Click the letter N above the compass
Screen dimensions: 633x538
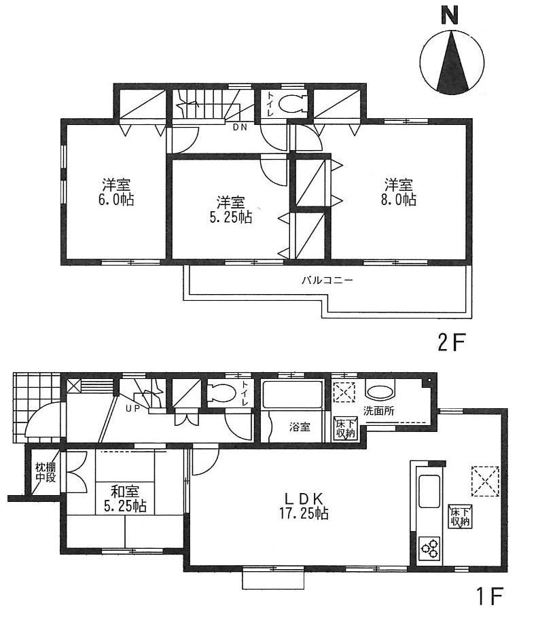coord(449,15)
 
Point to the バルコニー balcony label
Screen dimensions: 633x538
coord(327,280)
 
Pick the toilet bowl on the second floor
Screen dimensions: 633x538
coord(292,105)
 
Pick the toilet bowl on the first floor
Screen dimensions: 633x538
coord(219,393)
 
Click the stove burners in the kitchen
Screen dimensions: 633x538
coord(429,548)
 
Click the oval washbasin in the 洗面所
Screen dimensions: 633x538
coord(380,392)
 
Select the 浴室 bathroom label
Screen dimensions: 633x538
coord(300,427)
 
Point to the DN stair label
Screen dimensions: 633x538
coord(240,127)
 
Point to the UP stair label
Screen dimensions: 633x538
coord(132,409)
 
